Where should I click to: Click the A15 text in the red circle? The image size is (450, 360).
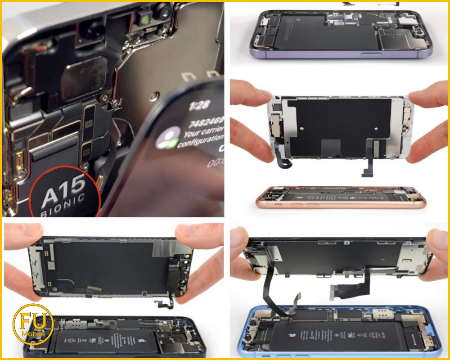63,184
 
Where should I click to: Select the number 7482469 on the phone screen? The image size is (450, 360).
206,122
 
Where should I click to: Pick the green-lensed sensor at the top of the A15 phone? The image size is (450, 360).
144,19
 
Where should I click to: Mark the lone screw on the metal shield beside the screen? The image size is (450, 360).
154,96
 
